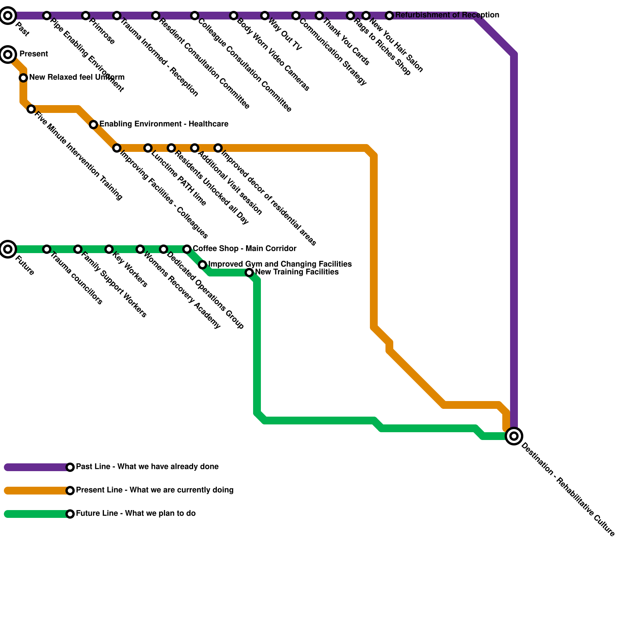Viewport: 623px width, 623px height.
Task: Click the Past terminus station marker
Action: pos(8,16)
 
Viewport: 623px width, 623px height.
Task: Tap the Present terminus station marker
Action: pos(8,54)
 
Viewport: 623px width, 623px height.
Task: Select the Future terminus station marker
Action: pos(8,249)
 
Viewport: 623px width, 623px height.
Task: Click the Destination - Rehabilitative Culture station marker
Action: pos(514,436)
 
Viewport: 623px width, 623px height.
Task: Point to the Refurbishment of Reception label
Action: pos(447,15)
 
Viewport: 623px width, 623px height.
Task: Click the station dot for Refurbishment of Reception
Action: pos(389,16)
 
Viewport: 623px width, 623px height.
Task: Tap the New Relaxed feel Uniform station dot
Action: pos(23,78)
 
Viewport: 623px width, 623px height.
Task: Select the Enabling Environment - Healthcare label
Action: pos(164,124)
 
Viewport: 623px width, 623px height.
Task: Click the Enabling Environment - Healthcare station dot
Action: pos(93,125)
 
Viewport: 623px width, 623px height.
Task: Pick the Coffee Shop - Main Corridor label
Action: pos(245,249)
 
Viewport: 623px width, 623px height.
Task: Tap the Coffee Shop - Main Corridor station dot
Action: pos(187,249)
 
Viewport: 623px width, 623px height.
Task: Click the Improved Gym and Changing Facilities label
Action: pos(280,264)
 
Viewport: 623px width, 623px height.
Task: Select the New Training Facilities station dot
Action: pos(249,273)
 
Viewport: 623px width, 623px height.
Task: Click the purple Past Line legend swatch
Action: pos(37,467)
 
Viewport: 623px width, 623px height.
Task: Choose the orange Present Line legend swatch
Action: pos(37,491)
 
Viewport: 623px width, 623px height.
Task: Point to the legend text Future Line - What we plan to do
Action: pos(136,514)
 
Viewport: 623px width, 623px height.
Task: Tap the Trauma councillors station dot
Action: pos(47,249)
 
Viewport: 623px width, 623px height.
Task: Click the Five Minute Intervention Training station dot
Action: pos(31,109)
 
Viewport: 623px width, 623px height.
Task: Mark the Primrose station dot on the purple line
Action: pos(86,16)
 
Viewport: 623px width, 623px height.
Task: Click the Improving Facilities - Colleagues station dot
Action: pos(117,148)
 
